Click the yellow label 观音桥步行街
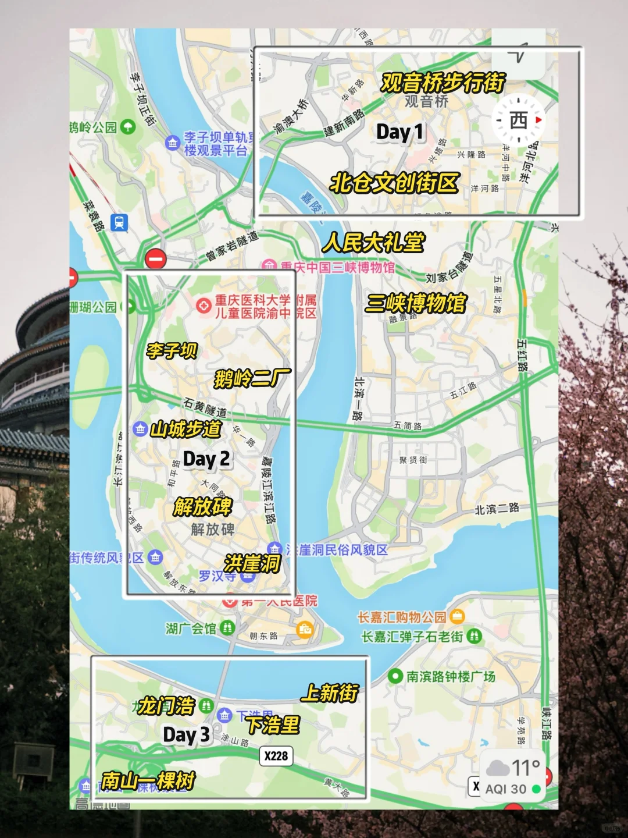[x=443, y=83]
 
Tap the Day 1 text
[x=399, y=132]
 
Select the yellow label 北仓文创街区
[x=394, y=183]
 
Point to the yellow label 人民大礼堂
[x=374, y=242]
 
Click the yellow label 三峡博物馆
[x=416, y=303]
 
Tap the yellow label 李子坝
[x=172, y=350]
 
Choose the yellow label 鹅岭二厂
[x=252, y=379]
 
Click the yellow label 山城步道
[x=186, y=429]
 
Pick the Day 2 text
[x=206, y=459]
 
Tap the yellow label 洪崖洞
[x=252, y=563]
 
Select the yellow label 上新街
[x=330, y=693]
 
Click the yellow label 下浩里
[x=273, y=725]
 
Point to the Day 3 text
[x=186, y=735]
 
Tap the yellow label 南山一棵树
[x=148, y=780]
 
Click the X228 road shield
[x=276, y=755]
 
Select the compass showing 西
[x=519, y=120]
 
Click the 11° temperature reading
[x=525, y=768]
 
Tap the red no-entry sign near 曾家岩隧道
[x=155, y=258]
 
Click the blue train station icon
[x=120, y=222]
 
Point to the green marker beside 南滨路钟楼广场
[x=395, y=676]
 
